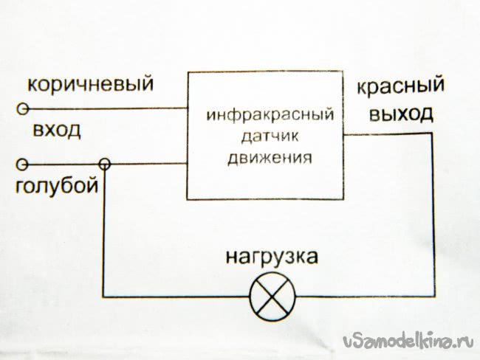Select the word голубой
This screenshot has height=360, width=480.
58,185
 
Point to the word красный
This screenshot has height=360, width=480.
400,87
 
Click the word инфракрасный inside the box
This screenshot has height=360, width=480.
271,117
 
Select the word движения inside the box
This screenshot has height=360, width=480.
270,157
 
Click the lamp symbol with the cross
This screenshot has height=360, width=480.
272,295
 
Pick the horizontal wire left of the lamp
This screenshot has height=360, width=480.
177,297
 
